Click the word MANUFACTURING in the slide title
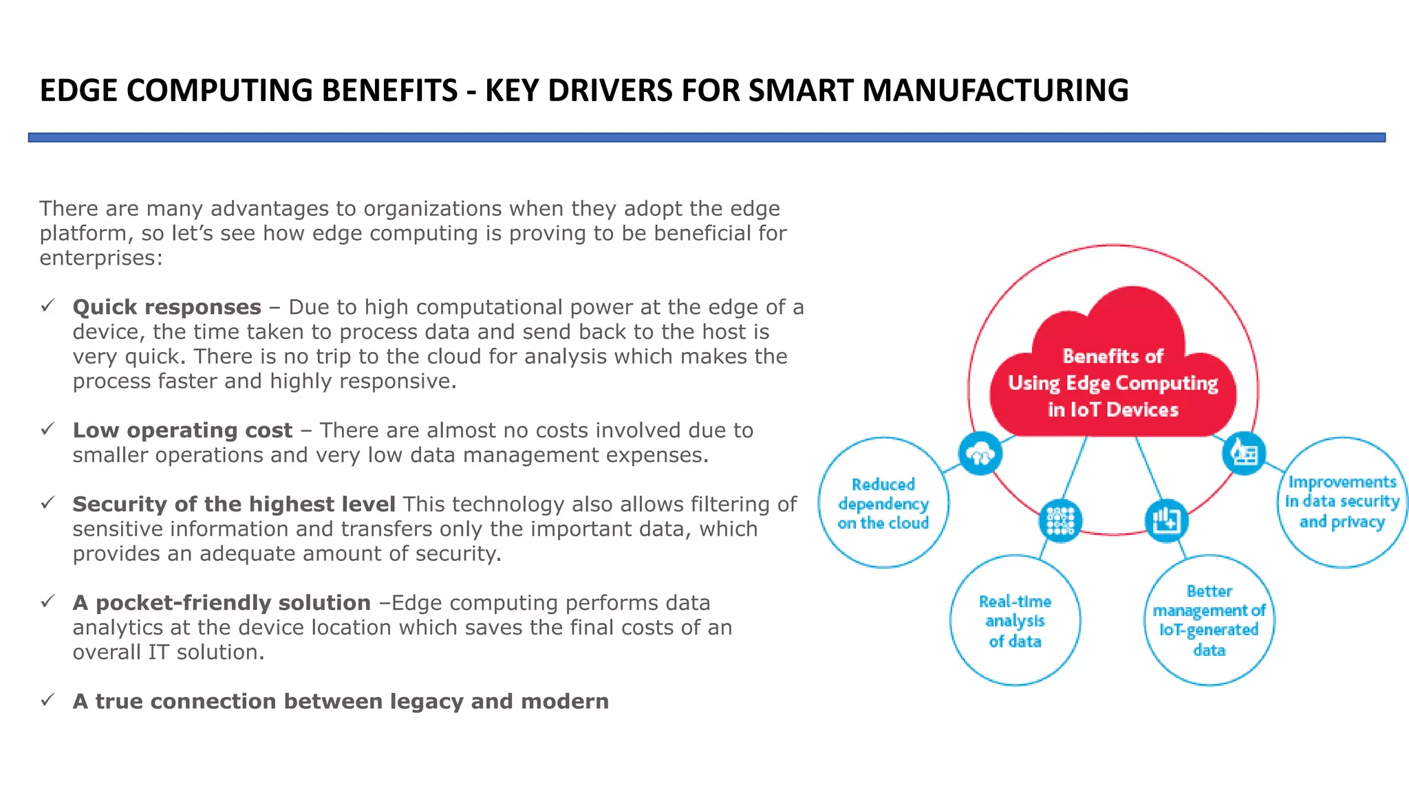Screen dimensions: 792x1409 click(x=995, y=91)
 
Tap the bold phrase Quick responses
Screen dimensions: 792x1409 click(x=167, y=307)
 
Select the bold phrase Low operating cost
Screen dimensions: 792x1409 click(x=182, y=430)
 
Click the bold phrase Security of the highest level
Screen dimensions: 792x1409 click(x=234, y=504)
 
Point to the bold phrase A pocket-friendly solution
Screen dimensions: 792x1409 click(x=222, y=603)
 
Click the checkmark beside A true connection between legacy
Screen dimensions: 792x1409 click(x=47, y=701)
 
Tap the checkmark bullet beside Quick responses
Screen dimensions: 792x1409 click(x=47, y=306)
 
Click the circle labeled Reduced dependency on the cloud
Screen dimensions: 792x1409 click(x=883, y=503)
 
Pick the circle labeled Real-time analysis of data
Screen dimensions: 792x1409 click(x=1015, y=621)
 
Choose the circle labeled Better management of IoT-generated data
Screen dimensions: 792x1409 click(x=1209, y=620)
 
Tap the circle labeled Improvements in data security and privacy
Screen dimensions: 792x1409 click(x=1342, y=502)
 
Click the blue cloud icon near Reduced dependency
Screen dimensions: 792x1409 click(x=980, y=453)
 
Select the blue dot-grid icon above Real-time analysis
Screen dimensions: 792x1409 click(x=1060, y=520)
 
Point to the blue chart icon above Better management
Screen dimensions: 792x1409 click(x=1166, y=520)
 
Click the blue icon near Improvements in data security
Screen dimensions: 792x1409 click(x=1244, y=453)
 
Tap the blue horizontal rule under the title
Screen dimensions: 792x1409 click(x=706, y=137)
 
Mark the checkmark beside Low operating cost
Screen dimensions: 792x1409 click(x=47, y=430)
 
